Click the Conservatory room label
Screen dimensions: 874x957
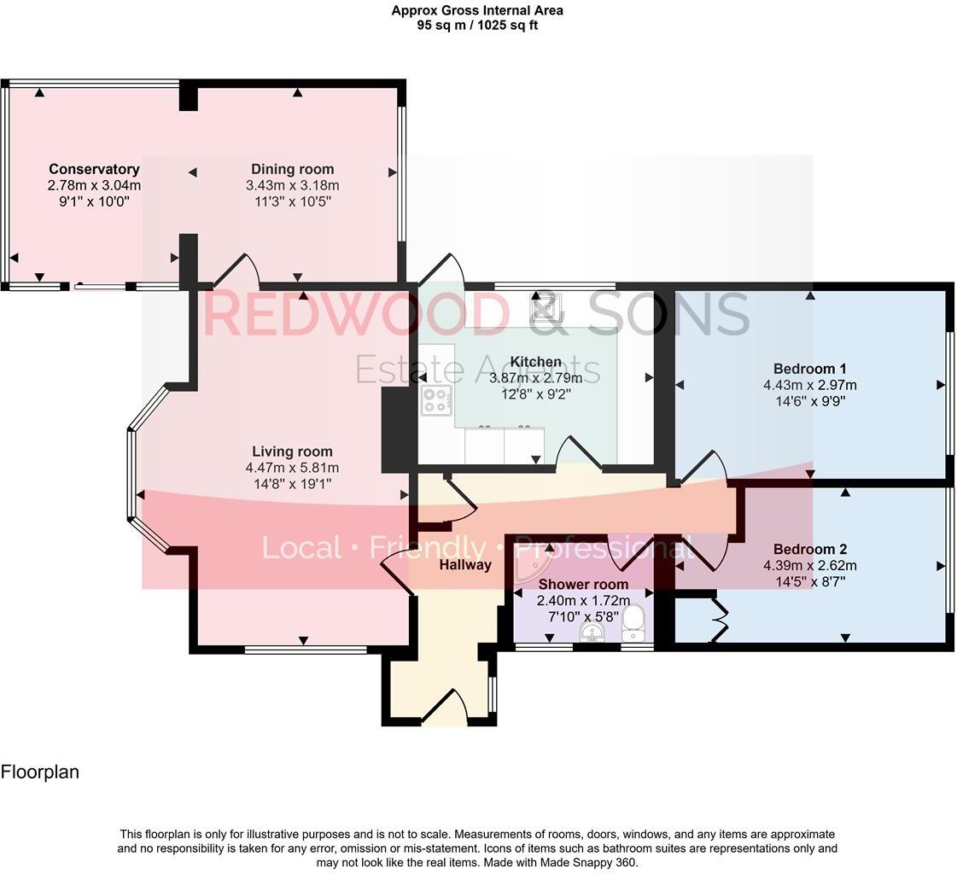coord(94,169)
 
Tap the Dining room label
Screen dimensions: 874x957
coord(292,169)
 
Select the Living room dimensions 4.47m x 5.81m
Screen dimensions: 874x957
coord(292,468)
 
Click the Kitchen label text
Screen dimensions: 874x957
coord(535,362)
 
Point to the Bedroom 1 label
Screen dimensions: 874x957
coord(809,369)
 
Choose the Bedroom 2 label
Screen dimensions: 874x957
coord(809,549)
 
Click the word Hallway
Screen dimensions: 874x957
coord(465,564)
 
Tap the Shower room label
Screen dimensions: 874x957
coord(583,585)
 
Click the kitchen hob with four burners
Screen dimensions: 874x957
coord(436,399)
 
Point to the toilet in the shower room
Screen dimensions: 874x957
coord(633,622)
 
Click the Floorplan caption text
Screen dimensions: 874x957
coord(39,772)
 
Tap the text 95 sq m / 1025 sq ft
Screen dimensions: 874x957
coord(477,25)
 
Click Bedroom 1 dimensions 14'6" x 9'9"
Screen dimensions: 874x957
coord(809,401)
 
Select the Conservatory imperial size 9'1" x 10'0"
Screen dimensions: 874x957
coord(94,201)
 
